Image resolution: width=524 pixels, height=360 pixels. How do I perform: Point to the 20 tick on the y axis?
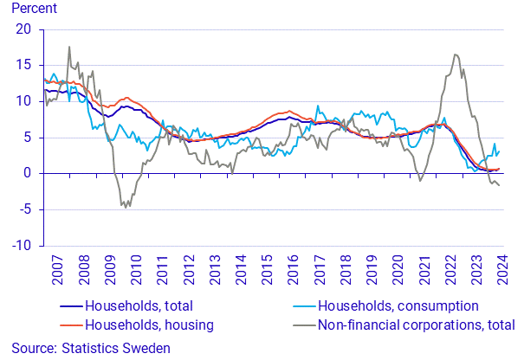[x=25, y=29]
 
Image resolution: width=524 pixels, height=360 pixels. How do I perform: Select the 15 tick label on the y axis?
[x=25, y=65]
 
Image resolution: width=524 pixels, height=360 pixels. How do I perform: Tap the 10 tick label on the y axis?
[x=25, y=101]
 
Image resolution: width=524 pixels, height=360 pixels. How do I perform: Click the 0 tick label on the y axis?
[x=29, y=173]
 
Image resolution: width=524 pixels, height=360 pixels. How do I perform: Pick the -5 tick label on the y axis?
[x=26, y=209]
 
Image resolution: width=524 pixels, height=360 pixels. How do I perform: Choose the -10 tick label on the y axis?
[x=23, y=246]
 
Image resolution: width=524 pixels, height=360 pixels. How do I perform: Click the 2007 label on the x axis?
[x=56, y=271]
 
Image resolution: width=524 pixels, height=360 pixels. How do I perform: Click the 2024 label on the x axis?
[x=502, y=271]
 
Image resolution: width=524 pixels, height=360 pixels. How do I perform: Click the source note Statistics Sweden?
[x=86, y=348]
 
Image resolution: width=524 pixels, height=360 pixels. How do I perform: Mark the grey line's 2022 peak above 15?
[x=455, y=55]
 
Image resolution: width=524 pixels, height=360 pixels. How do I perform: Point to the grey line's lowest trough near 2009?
[x=126, y=208]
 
